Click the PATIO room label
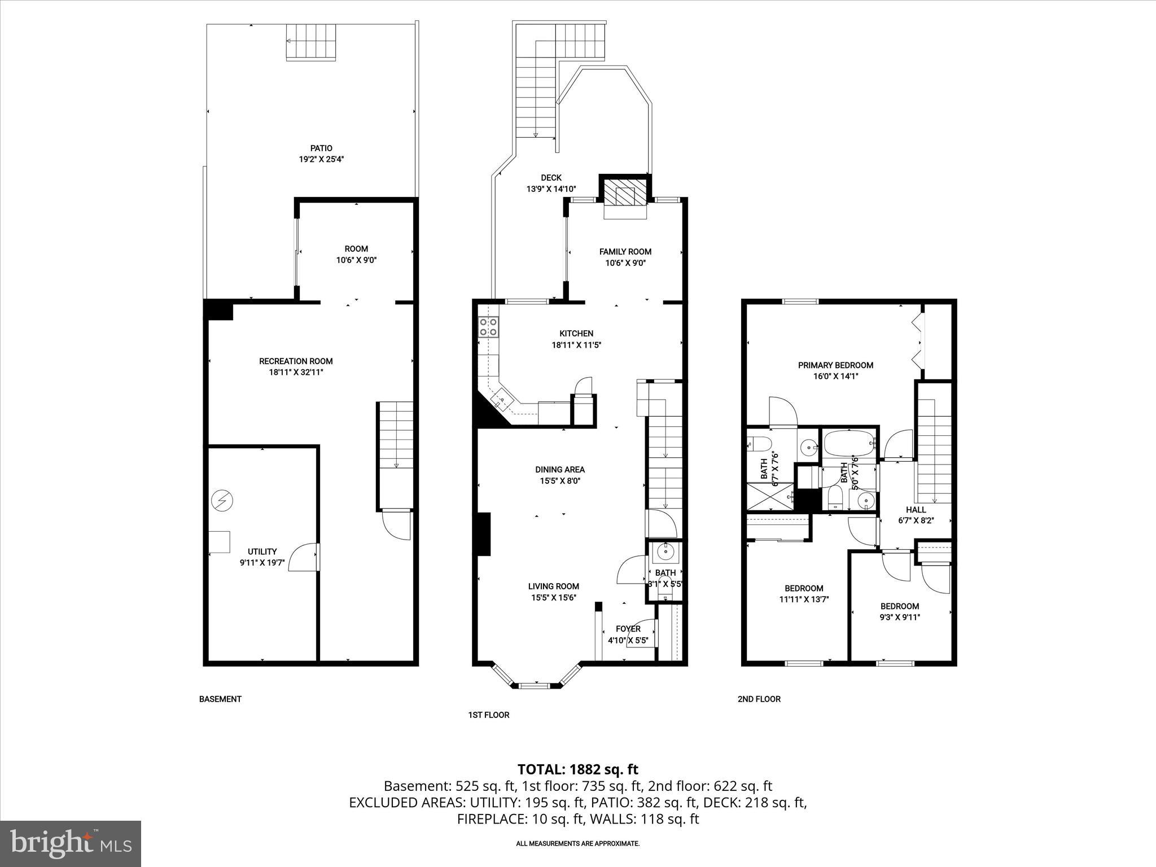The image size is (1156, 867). click(321, 148)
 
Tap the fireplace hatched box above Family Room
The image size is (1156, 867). click(625, 195)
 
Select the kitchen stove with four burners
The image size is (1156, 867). click(489, 327)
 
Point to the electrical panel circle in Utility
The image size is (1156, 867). click(222, 500)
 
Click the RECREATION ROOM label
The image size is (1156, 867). click(296, 361)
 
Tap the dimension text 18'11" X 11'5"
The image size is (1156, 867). click(576, 345)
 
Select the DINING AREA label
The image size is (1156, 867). click(560, 470)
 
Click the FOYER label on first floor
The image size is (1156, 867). click(628, 629)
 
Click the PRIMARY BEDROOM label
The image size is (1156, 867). click(835, 365)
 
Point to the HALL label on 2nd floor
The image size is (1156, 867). click(916, 510)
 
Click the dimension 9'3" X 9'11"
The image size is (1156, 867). click(900, 618)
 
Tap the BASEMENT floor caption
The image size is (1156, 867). click(220, 699)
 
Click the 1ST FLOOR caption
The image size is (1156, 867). click(488, 715)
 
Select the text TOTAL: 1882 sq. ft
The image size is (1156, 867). click(577, 769)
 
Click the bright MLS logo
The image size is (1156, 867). click(71, 843)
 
